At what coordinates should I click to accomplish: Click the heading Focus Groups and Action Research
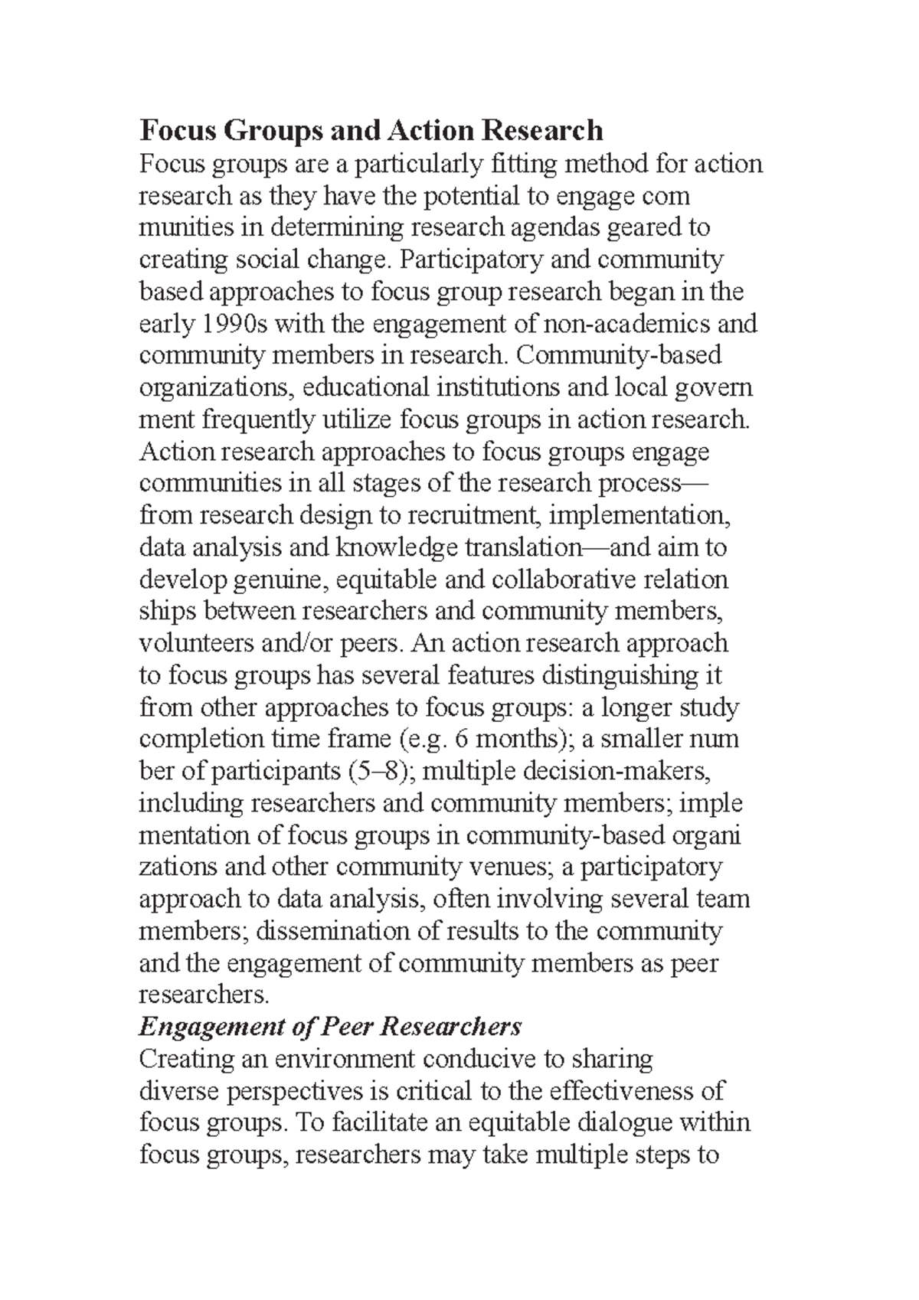point(371,131)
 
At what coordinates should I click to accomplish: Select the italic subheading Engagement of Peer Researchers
point(330,1027)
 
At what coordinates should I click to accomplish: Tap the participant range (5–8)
point(381,771)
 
